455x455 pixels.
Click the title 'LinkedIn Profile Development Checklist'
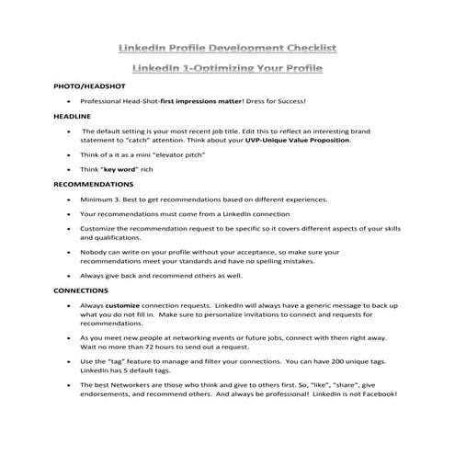point(227,45)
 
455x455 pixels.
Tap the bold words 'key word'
point(121,170)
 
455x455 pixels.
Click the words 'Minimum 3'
point(103,199)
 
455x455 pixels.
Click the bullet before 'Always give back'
point(69,274)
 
